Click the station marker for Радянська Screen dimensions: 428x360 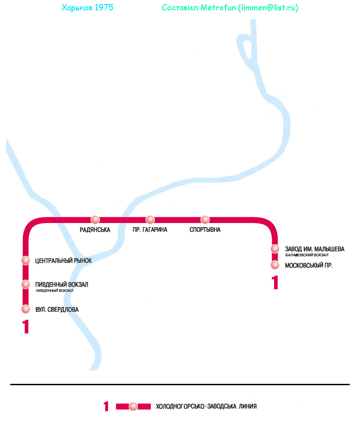pyautogui.click(x=95, y=219)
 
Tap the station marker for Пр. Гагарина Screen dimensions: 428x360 pyautogui.click(x=150, y=219)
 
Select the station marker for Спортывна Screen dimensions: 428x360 pyautogui.click(x=205, y=219)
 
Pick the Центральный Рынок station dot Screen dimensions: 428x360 pyautogui.click(x=26, y=260)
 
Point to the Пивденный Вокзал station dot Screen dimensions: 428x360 pyautogui.click(x=26, y=284)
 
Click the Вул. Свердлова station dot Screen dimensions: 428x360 pyautogui.click(x=26, y=309)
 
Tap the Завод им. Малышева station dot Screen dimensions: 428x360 pyautogui.click(x=275, y=249)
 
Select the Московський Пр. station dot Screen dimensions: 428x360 pyautogui.click(x=275, y=265)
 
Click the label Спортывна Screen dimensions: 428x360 pyautogui.click(x=205, y=230)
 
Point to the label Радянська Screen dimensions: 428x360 pyautogui.click(x=95, y=230)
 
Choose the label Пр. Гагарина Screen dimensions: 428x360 pyautogui.click(x=150, y=230)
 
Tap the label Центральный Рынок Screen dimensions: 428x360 pyautogui.click(x=63, y=260)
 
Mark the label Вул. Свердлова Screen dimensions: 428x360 pyautogui.click(x=57, y=310)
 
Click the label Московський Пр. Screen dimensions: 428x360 pyautogui.click(x=309, y=265)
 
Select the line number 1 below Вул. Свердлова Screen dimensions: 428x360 pyautogui.click(x=26, y=327)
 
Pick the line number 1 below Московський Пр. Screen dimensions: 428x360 pyautogui.click(x=275, y=282)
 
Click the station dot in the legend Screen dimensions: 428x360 pyautogui.click(x=133, y=406)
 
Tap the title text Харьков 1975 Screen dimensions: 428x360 pyautogui.click(x=87, y=8)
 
